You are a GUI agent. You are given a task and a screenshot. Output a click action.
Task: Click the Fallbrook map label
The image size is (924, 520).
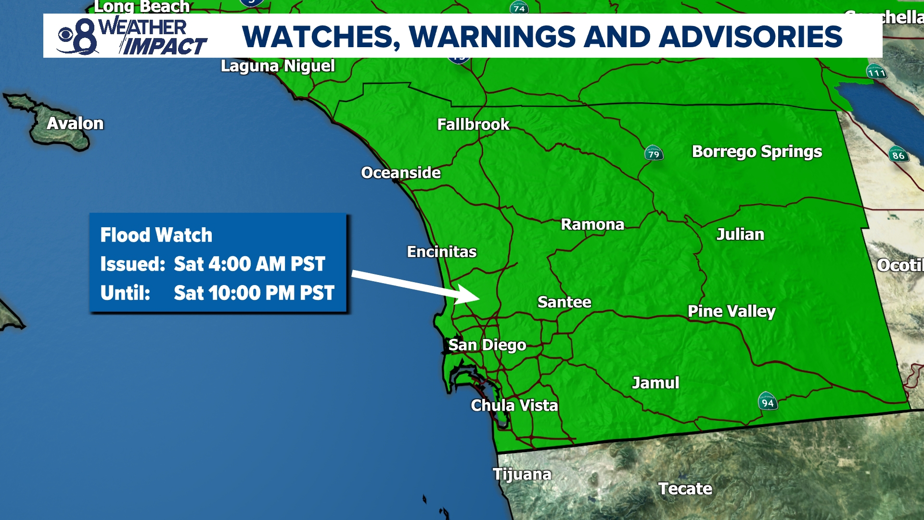point(473,125)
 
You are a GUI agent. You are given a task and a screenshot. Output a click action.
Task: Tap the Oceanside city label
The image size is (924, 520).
point(401,173)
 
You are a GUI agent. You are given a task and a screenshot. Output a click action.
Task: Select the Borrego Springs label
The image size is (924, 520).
point(757,152)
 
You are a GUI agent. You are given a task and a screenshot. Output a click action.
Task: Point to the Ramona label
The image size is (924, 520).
point(592,224)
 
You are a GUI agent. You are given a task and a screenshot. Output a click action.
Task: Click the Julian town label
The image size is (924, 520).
point(740,234)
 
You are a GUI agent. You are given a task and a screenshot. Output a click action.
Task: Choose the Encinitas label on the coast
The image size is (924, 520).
point(442,252)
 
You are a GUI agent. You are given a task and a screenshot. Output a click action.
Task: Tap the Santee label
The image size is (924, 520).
point(564,302)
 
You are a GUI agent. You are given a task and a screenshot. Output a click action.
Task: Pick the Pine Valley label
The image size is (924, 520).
point(731,312)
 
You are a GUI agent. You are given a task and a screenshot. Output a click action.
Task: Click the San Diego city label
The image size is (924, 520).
point(487,345)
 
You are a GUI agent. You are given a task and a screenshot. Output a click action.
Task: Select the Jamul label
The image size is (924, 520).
point(655,383)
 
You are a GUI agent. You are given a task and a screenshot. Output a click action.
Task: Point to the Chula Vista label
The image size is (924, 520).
point(514,406)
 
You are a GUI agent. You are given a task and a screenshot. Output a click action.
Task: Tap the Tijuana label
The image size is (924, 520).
point(522,475)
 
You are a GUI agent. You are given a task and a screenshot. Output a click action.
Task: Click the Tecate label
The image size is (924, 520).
point(685,489)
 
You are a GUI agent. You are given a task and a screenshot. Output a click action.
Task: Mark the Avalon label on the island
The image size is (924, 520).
point(75,124)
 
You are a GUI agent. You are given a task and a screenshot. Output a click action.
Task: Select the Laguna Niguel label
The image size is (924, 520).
point(278,66)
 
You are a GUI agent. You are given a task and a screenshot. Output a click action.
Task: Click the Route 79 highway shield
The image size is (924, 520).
point(654,154)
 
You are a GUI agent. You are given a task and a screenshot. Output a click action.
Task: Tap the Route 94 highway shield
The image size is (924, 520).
point(768,402)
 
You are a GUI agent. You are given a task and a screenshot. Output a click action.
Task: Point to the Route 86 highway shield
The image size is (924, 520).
point(898,155)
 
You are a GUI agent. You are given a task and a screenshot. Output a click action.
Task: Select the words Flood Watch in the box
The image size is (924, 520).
point(156,235)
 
